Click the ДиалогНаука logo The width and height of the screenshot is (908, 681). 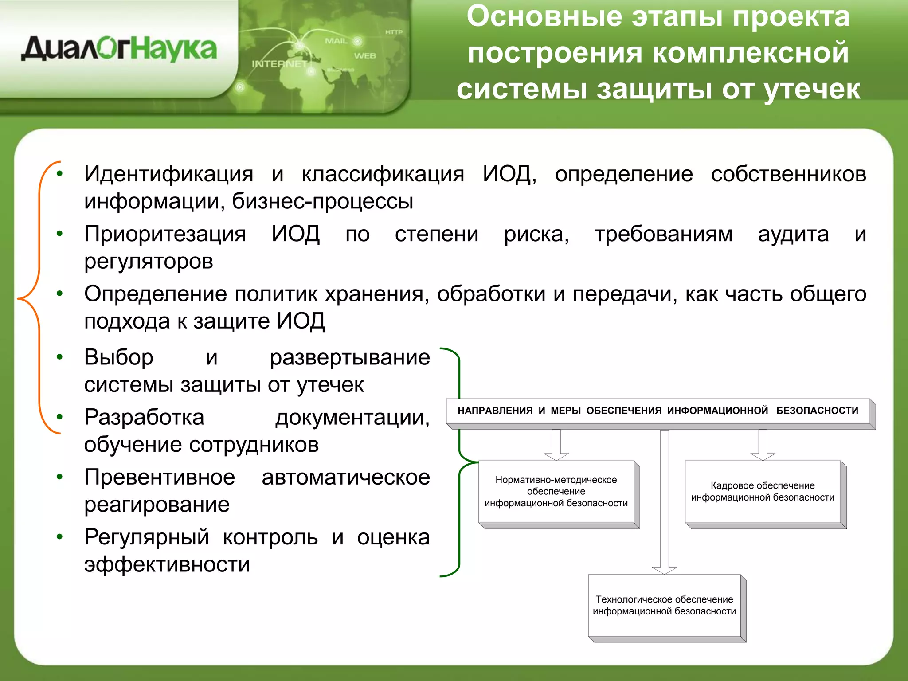pos(119,49)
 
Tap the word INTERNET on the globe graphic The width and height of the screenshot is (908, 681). pos(279,64)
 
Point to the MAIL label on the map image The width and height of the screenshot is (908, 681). pos(336,41)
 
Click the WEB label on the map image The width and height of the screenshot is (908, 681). pos(365,56)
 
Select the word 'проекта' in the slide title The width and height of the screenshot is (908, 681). pos(791,17)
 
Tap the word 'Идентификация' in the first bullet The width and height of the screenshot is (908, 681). pos(168,174)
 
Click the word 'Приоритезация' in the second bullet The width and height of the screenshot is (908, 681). pos(165,234)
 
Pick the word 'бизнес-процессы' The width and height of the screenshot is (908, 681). pos(323,201)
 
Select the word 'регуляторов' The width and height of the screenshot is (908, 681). pos(149,261)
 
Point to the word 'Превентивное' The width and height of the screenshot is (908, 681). pos(160,477)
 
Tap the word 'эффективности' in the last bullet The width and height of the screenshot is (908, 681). pos(167,564)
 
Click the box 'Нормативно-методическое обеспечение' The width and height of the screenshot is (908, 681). pos(556,492)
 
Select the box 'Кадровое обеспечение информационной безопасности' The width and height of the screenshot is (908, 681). pos(763,492)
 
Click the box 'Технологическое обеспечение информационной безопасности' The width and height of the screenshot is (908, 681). pos(664,606)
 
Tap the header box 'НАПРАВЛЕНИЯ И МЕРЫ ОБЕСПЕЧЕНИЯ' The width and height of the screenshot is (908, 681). pos(658,411)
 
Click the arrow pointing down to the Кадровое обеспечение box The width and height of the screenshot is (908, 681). pos(763,445)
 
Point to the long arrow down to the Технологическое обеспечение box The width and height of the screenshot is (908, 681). pos(664,501)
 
